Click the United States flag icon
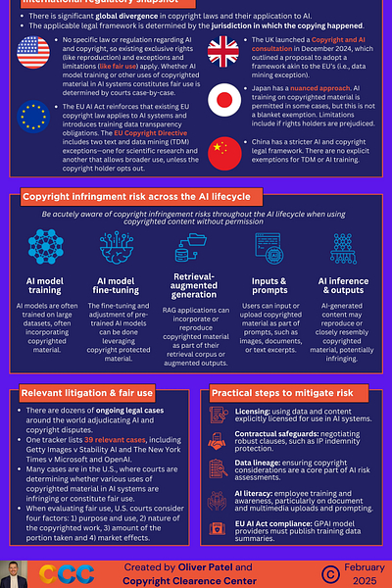(32, 50)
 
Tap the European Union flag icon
(32, 114)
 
